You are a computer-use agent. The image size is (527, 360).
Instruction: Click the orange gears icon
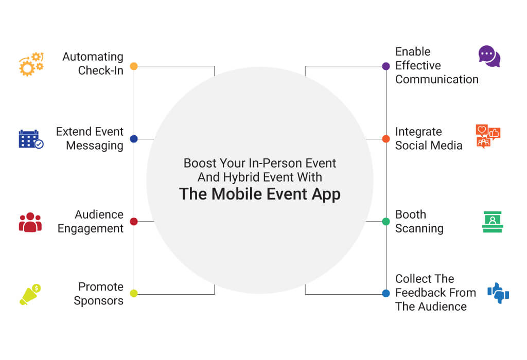31,64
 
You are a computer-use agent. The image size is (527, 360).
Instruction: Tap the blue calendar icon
31,139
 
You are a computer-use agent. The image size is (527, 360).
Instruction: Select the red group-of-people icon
30,222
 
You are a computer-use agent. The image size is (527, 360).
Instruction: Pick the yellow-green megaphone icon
30,294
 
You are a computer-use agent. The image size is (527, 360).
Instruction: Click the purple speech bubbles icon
489,56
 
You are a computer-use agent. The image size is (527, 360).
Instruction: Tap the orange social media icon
488,136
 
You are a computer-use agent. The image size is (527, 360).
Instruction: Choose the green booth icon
493,222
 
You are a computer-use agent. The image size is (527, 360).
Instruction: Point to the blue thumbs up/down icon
498,293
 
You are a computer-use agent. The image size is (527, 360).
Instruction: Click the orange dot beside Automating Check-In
134,66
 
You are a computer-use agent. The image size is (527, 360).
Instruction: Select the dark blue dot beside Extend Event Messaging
134,139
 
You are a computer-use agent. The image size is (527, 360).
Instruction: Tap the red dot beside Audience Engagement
134,221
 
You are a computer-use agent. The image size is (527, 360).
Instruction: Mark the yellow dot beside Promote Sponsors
134,293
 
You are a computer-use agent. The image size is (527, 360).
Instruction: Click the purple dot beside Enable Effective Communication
386,66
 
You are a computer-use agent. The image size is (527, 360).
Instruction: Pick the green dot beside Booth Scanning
386,221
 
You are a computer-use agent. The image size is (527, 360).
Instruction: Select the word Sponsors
98,301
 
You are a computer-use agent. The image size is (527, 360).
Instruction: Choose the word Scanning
419,229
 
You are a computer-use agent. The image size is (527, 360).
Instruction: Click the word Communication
436,79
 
